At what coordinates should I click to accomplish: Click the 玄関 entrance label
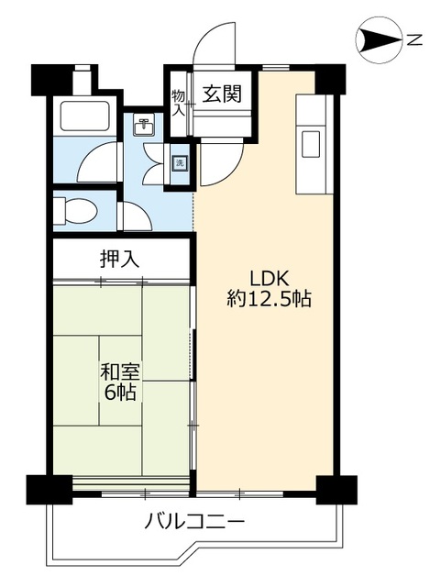222,94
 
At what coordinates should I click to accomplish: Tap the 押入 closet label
120,259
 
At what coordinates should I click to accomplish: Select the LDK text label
269,279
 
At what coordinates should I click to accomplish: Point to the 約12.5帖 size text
269,299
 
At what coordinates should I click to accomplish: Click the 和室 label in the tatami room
120,371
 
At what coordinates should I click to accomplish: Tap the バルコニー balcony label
194,521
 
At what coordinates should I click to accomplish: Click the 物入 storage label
179,103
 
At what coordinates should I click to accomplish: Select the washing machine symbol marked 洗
180,163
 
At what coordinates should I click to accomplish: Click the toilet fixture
75,211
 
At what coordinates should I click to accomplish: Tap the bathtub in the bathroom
85,116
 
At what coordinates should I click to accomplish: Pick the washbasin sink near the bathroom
144,127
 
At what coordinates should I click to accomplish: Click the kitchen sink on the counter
311,144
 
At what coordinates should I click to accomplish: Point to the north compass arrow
379,39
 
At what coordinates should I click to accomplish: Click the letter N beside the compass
414,39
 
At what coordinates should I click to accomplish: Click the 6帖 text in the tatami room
120,393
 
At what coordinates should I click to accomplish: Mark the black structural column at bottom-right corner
336,490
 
